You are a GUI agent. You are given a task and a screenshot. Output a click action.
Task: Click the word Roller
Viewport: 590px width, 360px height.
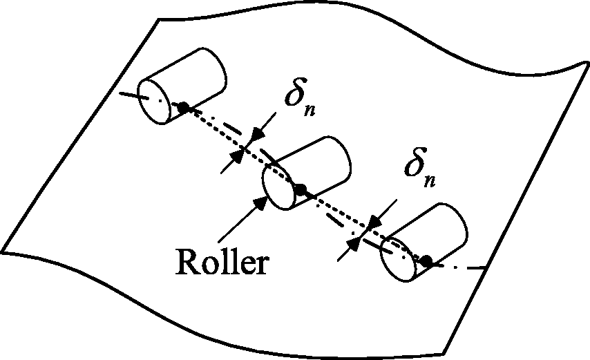[x=222, y=261]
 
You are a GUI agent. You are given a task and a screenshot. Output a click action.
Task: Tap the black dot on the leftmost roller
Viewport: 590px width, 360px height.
[x=183, y=107]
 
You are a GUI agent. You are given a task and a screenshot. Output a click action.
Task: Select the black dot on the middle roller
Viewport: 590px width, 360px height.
[x=301, y=189]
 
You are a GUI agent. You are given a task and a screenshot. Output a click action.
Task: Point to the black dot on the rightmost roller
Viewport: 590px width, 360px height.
[x=426, y=260]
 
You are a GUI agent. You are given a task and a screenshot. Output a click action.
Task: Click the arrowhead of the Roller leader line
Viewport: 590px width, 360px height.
[x=260, y=204]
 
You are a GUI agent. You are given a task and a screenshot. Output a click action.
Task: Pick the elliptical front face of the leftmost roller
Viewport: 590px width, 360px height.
[x=155, y=101]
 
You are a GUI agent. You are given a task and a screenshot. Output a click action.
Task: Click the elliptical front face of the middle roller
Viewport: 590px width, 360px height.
[x=278, y=187]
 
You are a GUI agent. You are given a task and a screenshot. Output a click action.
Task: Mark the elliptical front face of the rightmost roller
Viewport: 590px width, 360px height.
[x=397, y=259]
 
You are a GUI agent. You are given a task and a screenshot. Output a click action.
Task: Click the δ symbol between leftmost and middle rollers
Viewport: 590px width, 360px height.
[x=296, y=92]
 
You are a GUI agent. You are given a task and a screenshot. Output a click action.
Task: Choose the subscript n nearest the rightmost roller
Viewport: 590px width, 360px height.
[x=430, y=181]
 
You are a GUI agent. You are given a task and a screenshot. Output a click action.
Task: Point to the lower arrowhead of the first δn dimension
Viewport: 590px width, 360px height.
[x=236, y=156]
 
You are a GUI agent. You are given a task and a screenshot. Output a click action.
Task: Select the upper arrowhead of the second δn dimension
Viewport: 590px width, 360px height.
[x=374, y=222]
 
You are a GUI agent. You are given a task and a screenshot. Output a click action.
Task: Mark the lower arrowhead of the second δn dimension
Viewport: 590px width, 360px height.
[x=354, y=244]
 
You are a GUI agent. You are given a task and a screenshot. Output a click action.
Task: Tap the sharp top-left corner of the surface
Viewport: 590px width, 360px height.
[x=159, y=19]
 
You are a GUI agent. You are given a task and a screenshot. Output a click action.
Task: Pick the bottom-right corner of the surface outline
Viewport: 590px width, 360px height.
[x=444, y=354]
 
